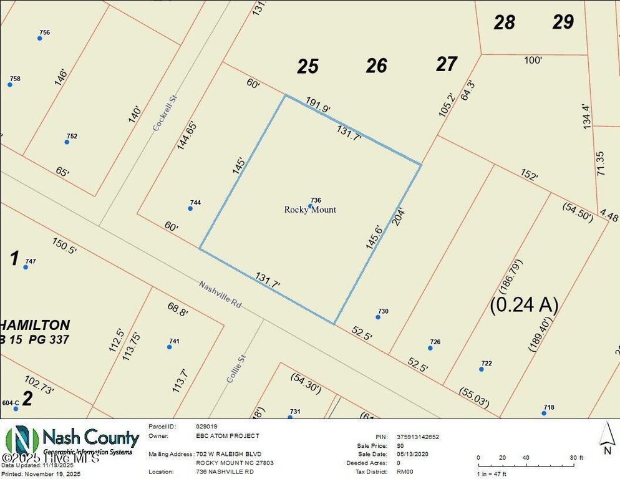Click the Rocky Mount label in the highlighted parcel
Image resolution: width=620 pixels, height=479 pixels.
[x=310, y=210]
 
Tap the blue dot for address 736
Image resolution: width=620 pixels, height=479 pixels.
[x=310, y=206]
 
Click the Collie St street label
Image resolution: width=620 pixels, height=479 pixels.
[x=234, y=369]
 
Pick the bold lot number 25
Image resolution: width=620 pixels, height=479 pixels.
[x=308, y=66]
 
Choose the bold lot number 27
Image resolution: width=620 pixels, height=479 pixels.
[x=447, y=64]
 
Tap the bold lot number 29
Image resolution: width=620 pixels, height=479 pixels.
[x=563, y=22]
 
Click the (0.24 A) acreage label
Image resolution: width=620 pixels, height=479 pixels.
[x=524, y=304]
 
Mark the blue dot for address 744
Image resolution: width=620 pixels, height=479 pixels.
[x=190, y=208]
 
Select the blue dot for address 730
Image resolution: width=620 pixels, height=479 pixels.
[x=377, y=317]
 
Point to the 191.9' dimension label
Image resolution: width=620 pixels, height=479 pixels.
[x=318, y=104]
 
